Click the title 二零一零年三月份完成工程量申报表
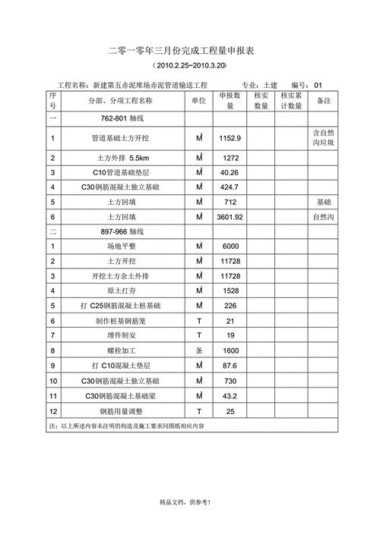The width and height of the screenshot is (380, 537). pyautogui.click(x=189, y=51)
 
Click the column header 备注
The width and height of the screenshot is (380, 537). pyautogui.click(x=323, y=100)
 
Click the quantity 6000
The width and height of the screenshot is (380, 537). pyautogui.click(x=230, y=247)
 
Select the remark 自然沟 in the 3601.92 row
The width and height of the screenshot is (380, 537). pyautogui.click(x=323, y=217)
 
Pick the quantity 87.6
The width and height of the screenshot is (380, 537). pyautogui.click(x=230, y=366)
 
